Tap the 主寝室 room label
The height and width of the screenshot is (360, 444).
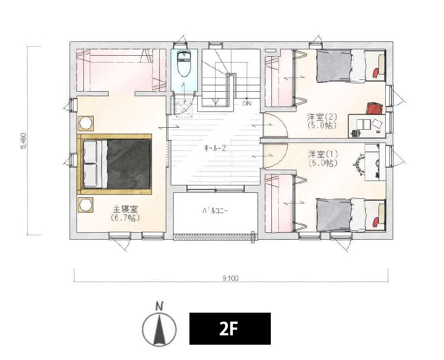click(125, 210)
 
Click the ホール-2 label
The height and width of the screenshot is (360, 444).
click(215, 148)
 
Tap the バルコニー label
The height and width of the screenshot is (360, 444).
click(215, 211)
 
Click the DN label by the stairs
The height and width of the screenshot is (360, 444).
click(247, 104)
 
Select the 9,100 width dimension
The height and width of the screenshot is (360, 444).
click(230, 278)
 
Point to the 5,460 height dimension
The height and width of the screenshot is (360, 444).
click(24, 141)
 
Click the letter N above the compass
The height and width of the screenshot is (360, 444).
click(160, 306)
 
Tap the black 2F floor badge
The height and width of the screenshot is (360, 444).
click(230, 328)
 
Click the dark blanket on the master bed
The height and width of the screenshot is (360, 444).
click(129, 164)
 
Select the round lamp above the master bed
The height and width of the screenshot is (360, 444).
click(85, 123)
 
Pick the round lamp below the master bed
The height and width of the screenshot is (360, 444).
click(85, 205)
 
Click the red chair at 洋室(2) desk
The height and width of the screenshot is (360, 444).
click(374, 109)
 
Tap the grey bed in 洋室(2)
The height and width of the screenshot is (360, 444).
click(334, 66)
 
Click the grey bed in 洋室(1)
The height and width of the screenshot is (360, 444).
click(334, 215)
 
